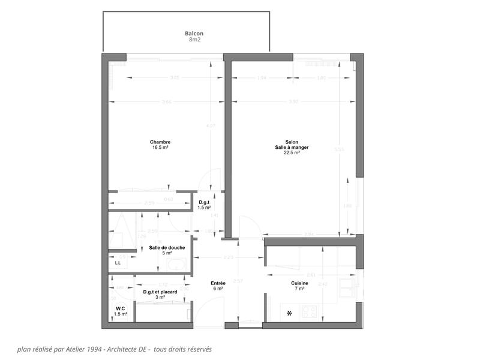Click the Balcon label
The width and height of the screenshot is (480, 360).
tap(194, 34)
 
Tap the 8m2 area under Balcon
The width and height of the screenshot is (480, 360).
tap(194, 40)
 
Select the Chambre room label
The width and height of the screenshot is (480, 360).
tap(160, 142)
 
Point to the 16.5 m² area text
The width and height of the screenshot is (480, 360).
tap(160, 148)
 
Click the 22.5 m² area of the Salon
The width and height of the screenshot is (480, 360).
tap(292, 152)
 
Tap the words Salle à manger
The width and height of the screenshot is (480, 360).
tap(292, 148)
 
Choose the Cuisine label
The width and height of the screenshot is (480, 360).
tap(299, 283)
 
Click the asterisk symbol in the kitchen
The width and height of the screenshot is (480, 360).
tap(289, 313)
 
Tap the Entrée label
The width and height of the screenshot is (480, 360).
tap(218, 283)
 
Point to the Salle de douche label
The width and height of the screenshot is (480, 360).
tap(167, 248)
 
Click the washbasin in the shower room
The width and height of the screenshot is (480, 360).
tap(178, 265)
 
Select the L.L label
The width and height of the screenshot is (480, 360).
tap(118, 263)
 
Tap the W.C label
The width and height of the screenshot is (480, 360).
tap(121, 309)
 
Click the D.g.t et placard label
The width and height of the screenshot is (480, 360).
tap(160, 292)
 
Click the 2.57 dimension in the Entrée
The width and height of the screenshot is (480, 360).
tap(238, 281)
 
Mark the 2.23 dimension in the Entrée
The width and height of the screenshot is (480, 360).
tap(228, 258)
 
